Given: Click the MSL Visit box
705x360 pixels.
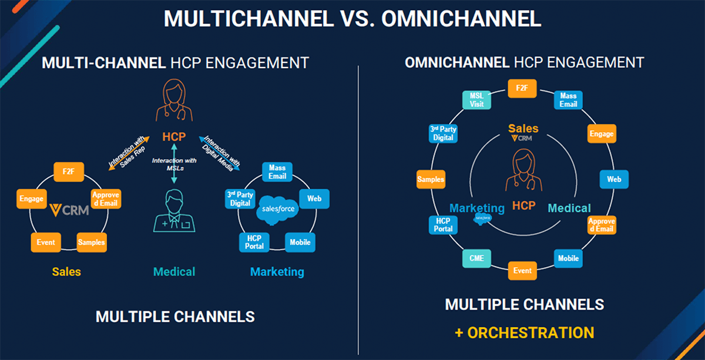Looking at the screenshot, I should (476, 100).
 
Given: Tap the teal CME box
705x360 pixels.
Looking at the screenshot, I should (476, 257).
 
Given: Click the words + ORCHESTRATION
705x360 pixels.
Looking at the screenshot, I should (524, 332).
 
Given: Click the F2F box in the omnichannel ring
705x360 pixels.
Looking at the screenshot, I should (522, 88).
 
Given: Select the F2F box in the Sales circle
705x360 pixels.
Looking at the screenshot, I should (69, 172).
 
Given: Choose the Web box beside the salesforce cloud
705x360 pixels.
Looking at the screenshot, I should (314, 198).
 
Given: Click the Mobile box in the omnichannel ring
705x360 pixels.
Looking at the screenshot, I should (568, 258).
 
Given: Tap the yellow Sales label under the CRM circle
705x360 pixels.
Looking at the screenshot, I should (66, 271).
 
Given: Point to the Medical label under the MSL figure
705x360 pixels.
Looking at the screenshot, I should (174, 271).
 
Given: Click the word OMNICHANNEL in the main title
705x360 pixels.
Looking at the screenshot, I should (461, 19).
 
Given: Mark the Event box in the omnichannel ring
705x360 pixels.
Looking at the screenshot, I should (522, 270).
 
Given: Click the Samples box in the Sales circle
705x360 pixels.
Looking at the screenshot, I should (92, 242).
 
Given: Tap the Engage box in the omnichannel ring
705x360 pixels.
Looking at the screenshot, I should (601, 133).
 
